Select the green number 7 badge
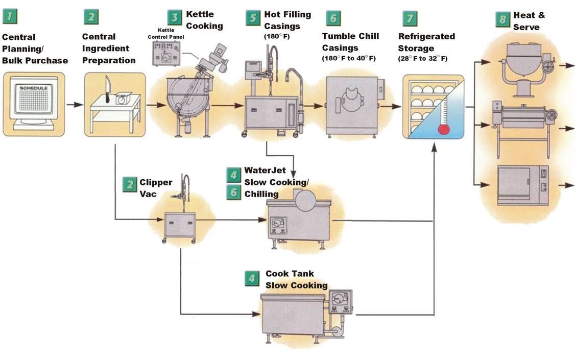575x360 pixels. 409,17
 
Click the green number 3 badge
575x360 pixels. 175,17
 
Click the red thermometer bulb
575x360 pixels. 444,128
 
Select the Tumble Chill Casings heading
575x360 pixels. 350,42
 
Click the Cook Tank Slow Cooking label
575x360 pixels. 296,279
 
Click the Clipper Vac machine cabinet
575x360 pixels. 180,225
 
